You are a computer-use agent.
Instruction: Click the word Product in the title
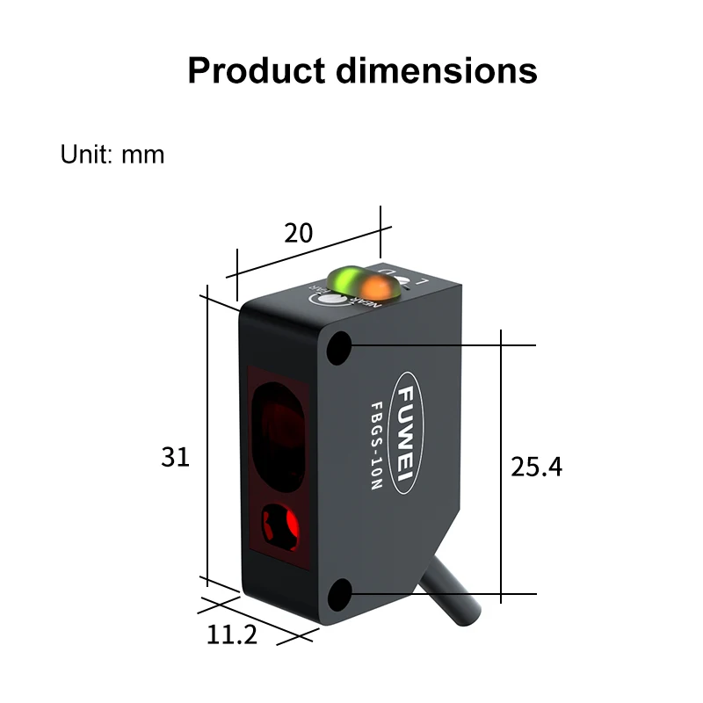[x=256, y=70]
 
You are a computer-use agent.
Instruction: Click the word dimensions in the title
[x=436, y=70]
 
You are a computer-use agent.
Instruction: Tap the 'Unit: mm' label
[x=112, y=155]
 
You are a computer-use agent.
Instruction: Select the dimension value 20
[x=298, y=233]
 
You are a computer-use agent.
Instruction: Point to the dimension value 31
[x=175, y=457]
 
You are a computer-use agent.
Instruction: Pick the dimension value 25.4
[x=536, y=467]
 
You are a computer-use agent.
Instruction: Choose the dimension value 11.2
[x=232, y=634]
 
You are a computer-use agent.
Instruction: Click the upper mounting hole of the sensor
[x=338, y=350]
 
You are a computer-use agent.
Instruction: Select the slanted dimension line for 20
[x=308, y=252]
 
